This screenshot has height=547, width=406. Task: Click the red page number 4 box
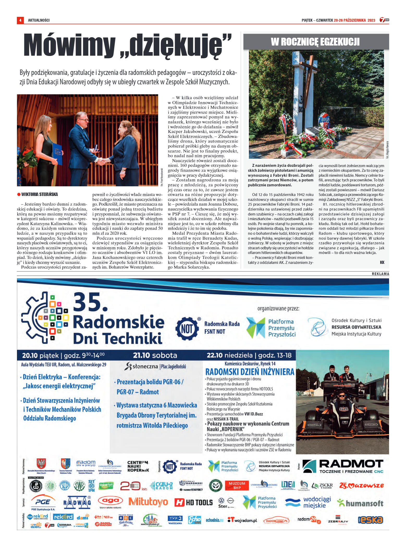tap(20, 20)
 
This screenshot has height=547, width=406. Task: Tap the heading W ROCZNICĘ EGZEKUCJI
tap(315, 42)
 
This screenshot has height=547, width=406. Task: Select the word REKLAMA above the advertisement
tap(380, 274)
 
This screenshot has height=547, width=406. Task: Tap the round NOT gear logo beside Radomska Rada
tap(187, 329)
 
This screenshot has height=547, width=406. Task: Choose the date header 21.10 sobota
tap(155, 355)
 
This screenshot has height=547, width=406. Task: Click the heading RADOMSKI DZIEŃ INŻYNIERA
tap(250, 372)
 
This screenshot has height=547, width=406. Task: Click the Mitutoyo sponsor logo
tap(148, 501)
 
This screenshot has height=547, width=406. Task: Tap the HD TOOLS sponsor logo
tap(194, 502)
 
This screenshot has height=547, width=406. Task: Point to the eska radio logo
tap(370, 520)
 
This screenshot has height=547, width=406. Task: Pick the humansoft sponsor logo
tap(360, 503)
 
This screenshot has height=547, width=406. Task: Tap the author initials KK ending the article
tap(382, 262)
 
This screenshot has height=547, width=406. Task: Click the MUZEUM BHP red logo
tap(237, 485)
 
